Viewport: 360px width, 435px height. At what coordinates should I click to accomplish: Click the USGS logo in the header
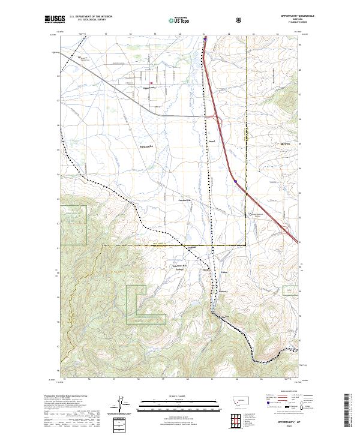point(56,20)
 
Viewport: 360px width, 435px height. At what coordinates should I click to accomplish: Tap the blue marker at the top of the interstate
point(205,40)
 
